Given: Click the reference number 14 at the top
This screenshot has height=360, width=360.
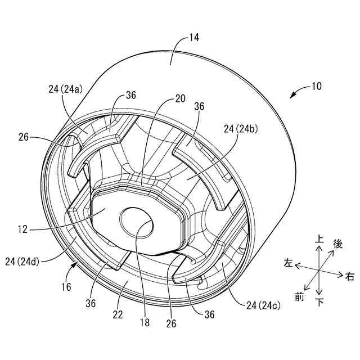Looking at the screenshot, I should [194, 38].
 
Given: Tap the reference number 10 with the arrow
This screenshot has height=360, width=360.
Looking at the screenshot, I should [316, 87].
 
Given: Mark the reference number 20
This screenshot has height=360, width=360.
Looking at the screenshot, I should [179, 98].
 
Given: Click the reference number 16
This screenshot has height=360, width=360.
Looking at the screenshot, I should [66, 287].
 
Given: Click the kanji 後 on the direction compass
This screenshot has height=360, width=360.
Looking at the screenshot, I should [338, 245].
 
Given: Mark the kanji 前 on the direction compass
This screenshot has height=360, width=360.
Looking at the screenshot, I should [299, 296].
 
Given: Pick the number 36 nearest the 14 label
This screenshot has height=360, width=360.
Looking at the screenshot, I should [131, 96].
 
